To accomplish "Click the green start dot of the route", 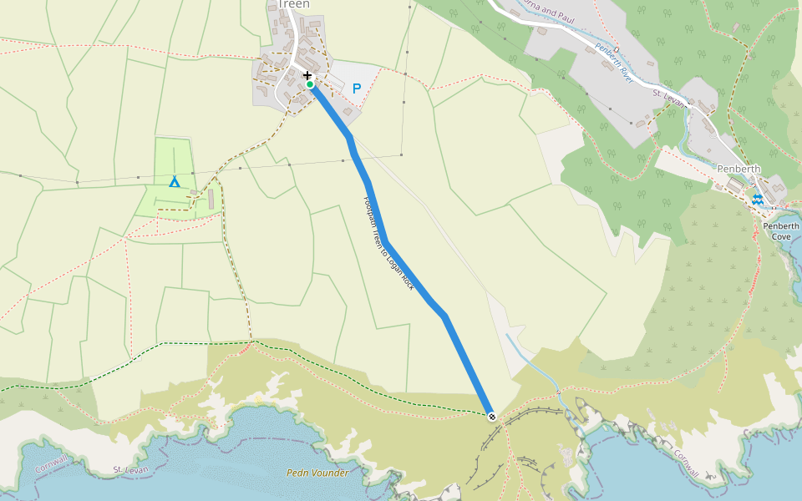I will coord(310,84).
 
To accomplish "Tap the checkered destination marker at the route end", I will coord(492,415).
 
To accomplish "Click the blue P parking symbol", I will coord(357,89).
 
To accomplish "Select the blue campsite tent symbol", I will coord(175,181).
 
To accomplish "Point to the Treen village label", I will coord(293,4).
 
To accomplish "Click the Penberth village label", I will coord(739,169).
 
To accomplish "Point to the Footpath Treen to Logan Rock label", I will coord(389,243).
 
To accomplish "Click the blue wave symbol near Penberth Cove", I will coord(756,199).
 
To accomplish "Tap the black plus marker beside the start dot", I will coord(307,76).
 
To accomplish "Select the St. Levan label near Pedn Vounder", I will coord(130,471).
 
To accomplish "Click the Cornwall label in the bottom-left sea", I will coord(51,464).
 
